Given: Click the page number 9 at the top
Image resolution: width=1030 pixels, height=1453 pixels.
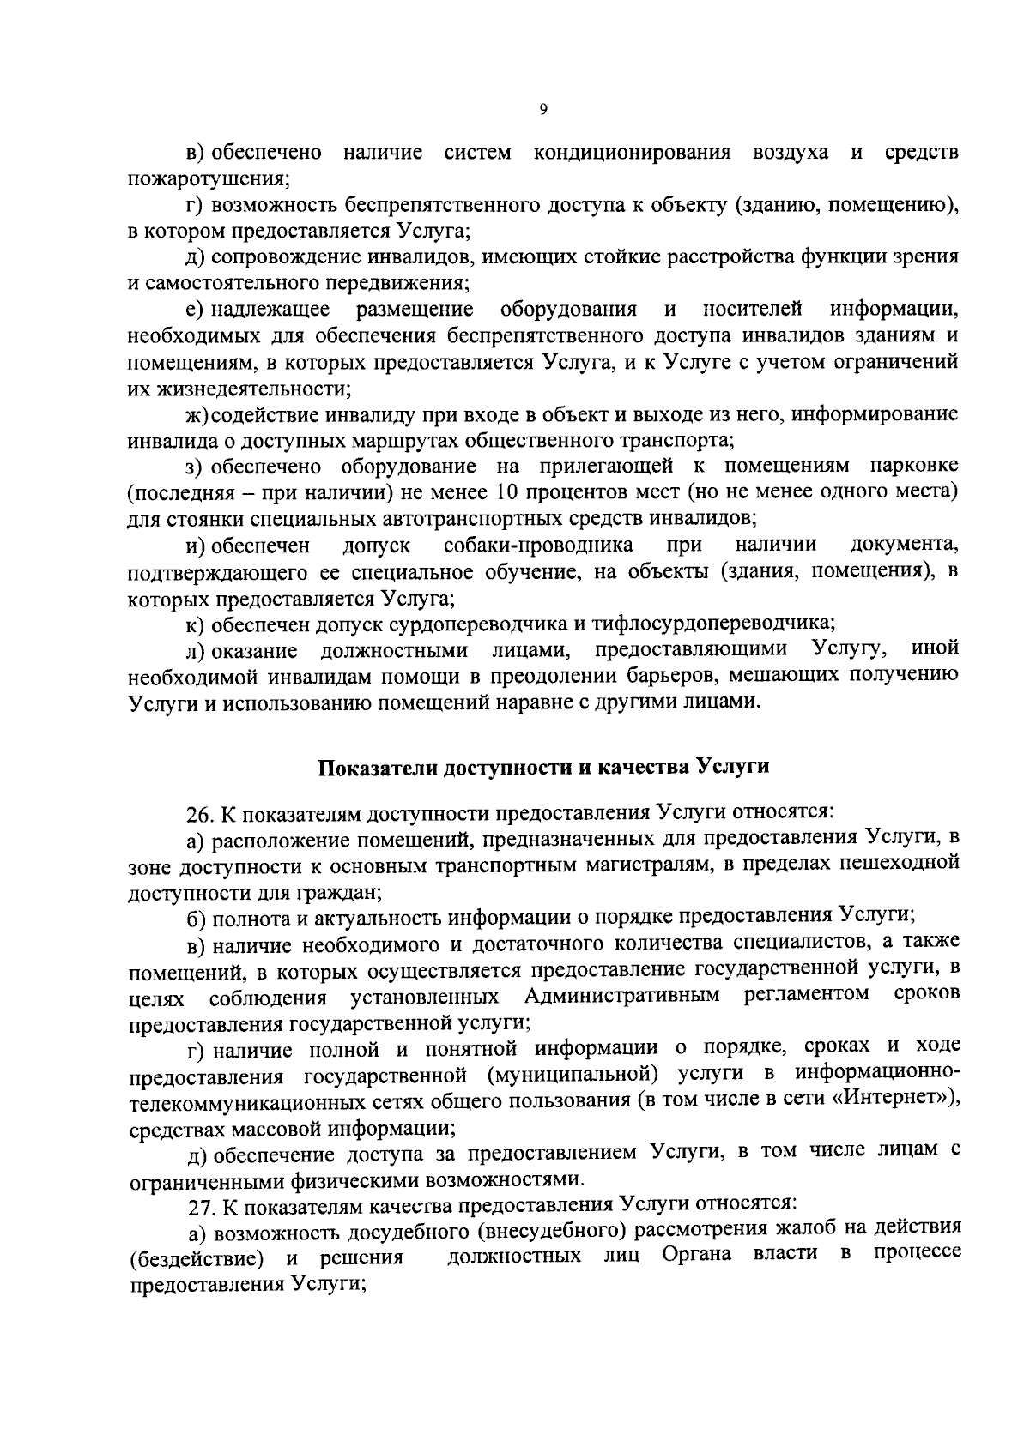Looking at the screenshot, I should (542, 108).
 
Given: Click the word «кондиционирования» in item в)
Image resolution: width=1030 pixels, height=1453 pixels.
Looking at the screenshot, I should (632, 154).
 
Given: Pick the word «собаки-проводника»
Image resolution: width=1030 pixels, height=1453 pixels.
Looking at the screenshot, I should (539, 546).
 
